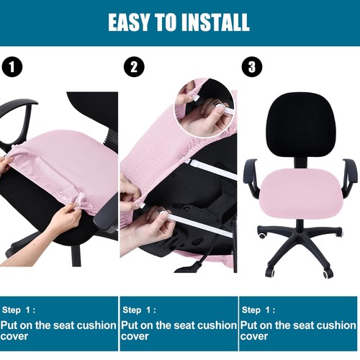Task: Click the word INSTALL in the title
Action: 217,22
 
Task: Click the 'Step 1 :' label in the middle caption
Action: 139,310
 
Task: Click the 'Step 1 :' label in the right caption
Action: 259,310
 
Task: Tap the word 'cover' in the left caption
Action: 16,336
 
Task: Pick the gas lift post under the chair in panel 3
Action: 298,224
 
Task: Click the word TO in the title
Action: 168,22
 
